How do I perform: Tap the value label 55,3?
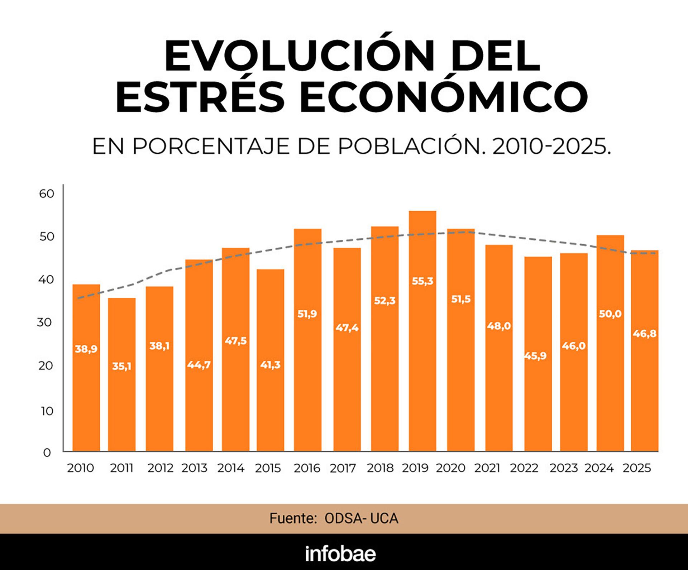[x=422, y=281]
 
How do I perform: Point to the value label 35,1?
[x=122, y=366]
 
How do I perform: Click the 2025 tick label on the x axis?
[x=637, y=468]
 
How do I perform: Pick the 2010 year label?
[x=81, y=468]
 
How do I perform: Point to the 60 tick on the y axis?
[x=47, y=194]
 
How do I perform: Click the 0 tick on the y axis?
[x=47, y=452]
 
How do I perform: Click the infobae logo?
[x=340, y=554]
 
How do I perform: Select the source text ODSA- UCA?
[x=361, y=518]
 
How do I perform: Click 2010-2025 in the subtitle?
[x=551, y=147]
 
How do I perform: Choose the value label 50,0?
[x=610, y=314]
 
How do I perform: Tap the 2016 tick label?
[x=307, y=468]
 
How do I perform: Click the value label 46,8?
[x=644, y=334]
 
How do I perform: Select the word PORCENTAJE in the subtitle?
[x=211, y=147]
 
